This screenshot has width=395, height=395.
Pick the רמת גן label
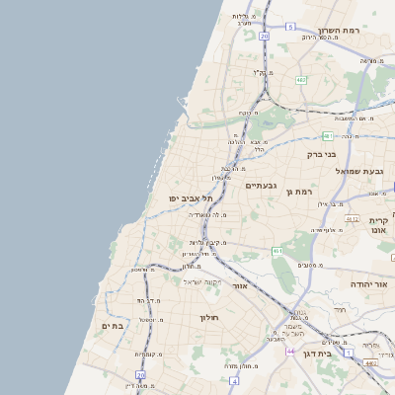(x=298, y=191)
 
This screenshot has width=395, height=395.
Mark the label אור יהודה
(x=370, y=283)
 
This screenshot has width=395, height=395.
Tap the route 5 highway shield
(x=289, y=27)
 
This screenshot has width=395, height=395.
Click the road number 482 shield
(x=300, y=79)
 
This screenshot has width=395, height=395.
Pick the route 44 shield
(x=290, y=351)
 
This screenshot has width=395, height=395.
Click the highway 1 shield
(x=349, y=351)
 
